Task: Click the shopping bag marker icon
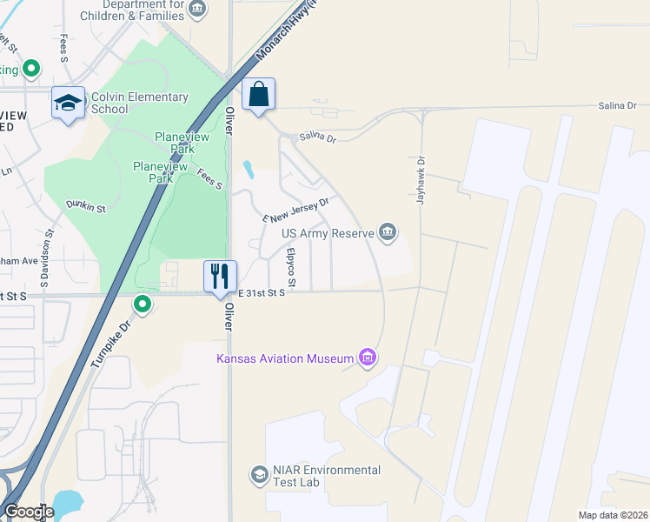tap(259, 94)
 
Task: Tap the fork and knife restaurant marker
tap(220, 276)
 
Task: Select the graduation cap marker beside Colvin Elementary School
tap(68, 103)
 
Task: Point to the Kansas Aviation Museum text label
tap(285, 359)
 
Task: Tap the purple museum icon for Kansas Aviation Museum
tap(368, 358)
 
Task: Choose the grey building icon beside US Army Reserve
tap(388, 231)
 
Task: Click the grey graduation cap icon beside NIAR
tap(259, 474)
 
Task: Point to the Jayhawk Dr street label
tap(421, 180)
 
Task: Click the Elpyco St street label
tap(291, 269)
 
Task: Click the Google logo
tap(29, 512)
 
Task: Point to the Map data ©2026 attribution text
tap(613, 515)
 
